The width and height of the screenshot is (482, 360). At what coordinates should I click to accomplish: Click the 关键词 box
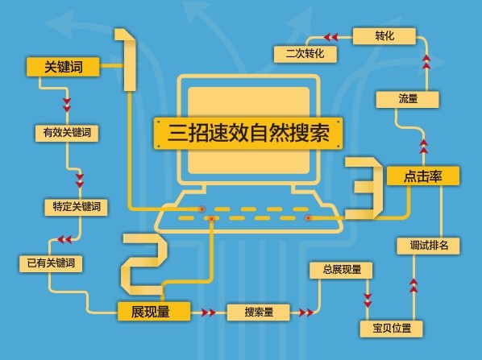(x=63, y=67)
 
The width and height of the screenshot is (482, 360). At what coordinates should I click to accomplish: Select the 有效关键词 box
(x=67, y=133)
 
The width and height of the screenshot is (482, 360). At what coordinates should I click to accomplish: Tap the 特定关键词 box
(x=77, y=207)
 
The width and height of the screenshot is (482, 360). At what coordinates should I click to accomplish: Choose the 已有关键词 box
(x=51, y=264)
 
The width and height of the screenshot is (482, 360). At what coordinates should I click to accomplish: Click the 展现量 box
(x=154, y=312)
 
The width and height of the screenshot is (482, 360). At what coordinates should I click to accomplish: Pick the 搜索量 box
(x=259, y=312)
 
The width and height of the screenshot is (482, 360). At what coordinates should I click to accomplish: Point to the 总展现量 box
(x=341, y=271)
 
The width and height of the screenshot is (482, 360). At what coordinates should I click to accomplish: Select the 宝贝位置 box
(x=391, y=329)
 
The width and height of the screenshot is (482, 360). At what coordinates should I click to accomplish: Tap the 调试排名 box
(x=428, y=246)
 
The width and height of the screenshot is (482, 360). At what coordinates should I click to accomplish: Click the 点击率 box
(x=423, y=176)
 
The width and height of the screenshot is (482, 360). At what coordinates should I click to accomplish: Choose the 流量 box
(x=408, y=100)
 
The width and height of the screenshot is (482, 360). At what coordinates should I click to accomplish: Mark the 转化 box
(x=384, y=36)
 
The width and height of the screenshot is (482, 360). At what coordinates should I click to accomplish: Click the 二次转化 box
(x=305, y=55)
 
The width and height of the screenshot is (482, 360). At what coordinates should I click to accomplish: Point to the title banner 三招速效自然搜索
(x=248, y=134)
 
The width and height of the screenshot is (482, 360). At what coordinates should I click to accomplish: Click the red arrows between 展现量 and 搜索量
(x=209, y=312)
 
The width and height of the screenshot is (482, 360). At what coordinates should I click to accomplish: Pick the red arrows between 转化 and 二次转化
(x=330, y=38)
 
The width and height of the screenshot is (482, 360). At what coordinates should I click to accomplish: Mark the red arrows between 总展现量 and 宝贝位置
(x=368, y=300)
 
